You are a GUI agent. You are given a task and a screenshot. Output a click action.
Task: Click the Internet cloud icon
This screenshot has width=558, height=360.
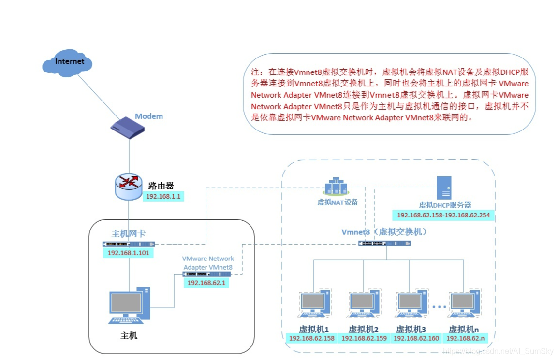pyautogui.click(x=67, y=62)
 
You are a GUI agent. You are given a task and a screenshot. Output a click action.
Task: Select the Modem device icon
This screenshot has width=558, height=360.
pyautogui.click(x=128, y=130)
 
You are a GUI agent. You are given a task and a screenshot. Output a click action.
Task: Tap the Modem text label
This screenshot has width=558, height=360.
pyautogui.click(x=149, y=116)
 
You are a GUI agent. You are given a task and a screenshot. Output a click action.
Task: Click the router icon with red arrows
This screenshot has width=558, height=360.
pyautogui.click(x=129, y=187)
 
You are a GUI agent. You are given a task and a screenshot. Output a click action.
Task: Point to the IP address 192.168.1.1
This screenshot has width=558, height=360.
pyautogui.click(x=163, y=197)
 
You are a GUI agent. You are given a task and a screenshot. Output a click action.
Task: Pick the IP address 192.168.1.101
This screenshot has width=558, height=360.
pyautogui.click(x=128, y=253)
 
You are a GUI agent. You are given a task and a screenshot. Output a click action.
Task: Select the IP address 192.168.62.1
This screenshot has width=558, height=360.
pyautogui.click(x=206, y=283)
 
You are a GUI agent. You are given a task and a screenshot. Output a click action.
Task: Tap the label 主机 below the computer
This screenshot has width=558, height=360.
pyautogui.click(x=129, y=335)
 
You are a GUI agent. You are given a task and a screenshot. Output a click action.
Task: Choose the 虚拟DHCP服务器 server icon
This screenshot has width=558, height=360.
pyautogui.click(x=444, y=187)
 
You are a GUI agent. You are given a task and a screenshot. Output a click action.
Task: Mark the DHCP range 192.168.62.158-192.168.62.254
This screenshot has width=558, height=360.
pyautogui.click(x=443, y=216)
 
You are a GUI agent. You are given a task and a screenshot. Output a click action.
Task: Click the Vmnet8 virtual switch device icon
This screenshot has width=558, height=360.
pyautogui.click(x=384, y=243)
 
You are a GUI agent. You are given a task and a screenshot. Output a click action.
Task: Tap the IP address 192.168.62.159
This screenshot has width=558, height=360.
pyautogui.click(x=364, y=338)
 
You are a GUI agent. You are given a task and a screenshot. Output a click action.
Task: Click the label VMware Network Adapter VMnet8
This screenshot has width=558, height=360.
pyautogui.click(x=208, y=263)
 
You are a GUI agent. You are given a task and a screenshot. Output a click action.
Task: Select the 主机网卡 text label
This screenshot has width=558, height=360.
pyautogui.click(x=129, y=234)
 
